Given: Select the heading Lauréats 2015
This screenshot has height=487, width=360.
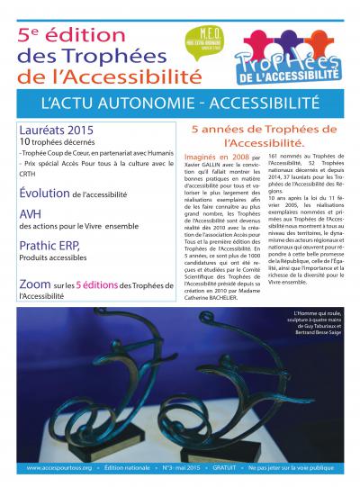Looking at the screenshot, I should tap(55, 129).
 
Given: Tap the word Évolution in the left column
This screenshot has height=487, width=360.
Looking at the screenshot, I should tap(44, 193).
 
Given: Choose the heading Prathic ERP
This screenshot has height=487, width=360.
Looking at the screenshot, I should tap(48, 247).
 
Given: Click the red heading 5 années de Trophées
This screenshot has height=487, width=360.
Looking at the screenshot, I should tap(261, 136).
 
